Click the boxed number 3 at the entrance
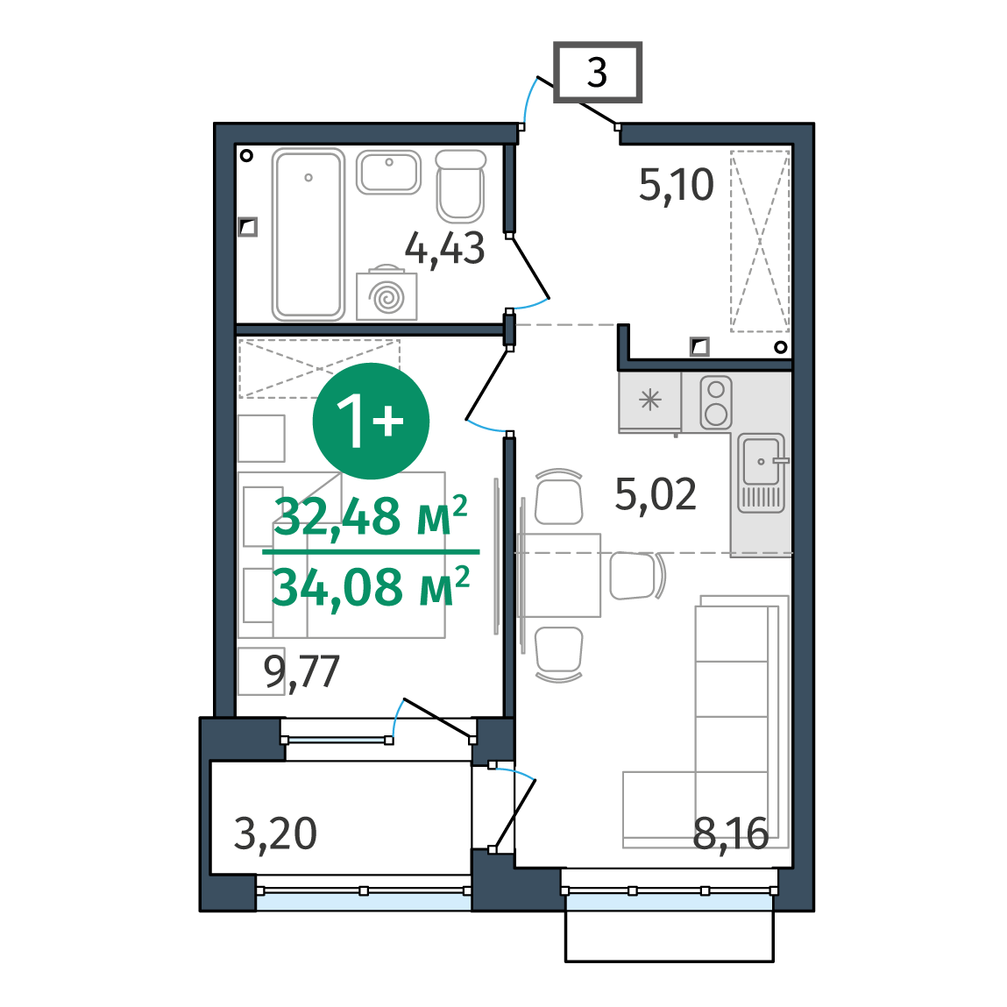tap(597, 72)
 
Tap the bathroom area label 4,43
tap(444, 249)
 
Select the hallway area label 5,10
tap(677, 185)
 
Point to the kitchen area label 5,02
tap(655, 494)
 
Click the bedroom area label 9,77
tap(301, 672)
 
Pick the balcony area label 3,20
tap(275, 834)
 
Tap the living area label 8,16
tap(731, 834)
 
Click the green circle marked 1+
tap(371, 421)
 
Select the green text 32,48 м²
tap(371, 516)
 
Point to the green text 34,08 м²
tap(371, 586)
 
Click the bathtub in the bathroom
tap(308, 234)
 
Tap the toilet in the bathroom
tap(460, 186)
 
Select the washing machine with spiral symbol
tap(386, 294)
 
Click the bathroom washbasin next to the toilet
tap(388, 172)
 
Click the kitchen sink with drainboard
tap(761, 473)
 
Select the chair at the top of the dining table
tap(559, 496)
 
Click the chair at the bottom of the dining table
tap(559, 654)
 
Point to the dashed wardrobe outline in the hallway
tap(760, 241)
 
